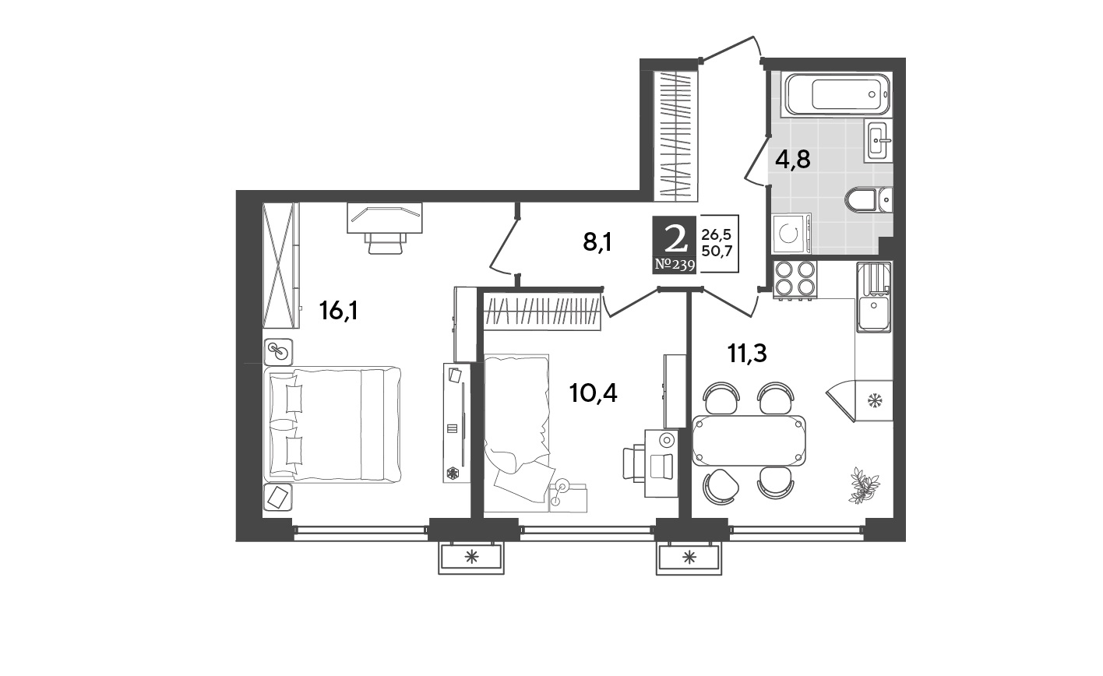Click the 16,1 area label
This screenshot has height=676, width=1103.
coord(338,311)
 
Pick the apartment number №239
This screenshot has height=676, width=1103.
coord(675,266)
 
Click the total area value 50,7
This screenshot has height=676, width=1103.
coord(717,251)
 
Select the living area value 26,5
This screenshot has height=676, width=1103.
coord(717,234)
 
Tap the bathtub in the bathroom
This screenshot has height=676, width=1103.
coord(837,94)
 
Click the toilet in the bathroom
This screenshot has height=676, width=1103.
coord(868,199)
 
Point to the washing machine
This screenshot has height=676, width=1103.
coord(791,234)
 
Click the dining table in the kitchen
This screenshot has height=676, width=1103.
coord(749,441)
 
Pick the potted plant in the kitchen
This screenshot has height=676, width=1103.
coord(864,485)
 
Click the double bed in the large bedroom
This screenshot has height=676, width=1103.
coord(333,424)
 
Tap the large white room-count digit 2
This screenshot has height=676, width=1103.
coord(675,239)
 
